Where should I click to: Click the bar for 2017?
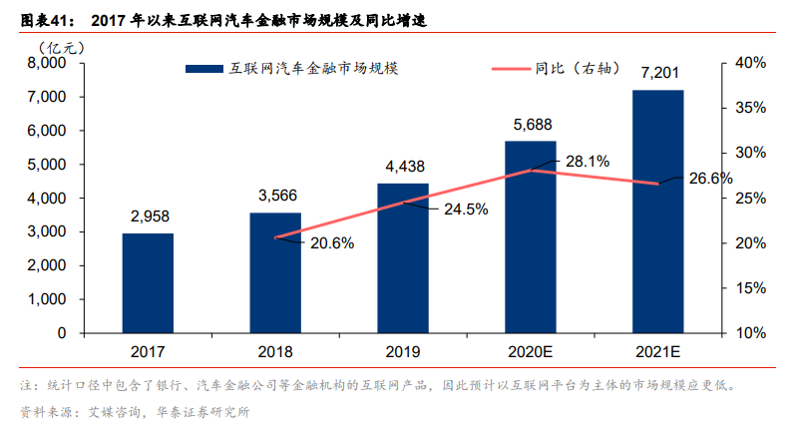coord(148,283)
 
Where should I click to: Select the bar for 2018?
coord(275,272)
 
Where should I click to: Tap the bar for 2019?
coord(403,257)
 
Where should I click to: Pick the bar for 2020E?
coord(531,236)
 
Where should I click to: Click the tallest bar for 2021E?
coord(658,211)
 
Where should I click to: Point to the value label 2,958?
coord(148,215)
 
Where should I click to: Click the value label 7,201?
coord(659,73)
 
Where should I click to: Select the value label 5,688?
coord(532,124)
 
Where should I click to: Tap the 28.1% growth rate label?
coord(588,160)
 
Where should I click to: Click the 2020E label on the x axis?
coord(531,352)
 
